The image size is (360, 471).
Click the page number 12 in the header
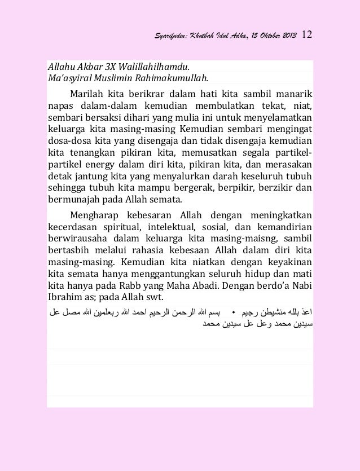pyautogui.click(x=308, y=35)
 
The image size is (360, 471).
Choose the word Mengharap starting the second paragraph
pyautogui.click(x=94, y=217)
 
